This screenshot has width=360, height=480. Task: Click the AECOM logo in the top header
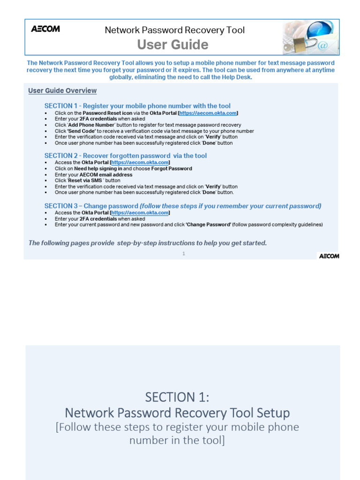pos(45,29)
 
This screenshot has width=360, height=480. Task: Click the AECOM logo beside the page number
pos(329,256)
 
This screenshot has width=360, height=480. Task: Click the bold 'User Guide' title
pos(172,45)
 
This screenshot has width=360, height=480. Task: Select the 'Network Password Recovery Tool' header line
pos(174,30)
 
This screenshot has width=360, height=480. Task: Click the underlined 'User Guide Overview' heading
pos(62,90)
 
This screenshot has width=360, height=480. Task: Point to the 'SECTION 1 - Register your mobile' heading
pos(137,106)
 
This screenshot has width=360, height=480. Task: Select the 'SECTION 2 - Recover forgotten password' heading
pos(125,156)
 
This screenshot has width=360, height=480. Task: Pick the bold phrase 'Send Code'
pos(82,131)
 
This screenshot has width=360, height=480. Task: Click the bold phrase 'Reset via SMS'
pos(86,180)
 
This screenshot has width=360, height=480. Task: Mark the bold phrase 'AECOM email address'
pos(106,174)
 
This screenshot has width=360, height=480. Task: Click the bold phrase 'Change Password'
pos(209,225)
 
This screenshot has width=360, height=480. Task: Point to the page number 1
pos(184,254)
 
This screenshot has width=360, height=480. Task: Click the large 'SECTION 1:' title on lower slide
pos(177,397)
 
